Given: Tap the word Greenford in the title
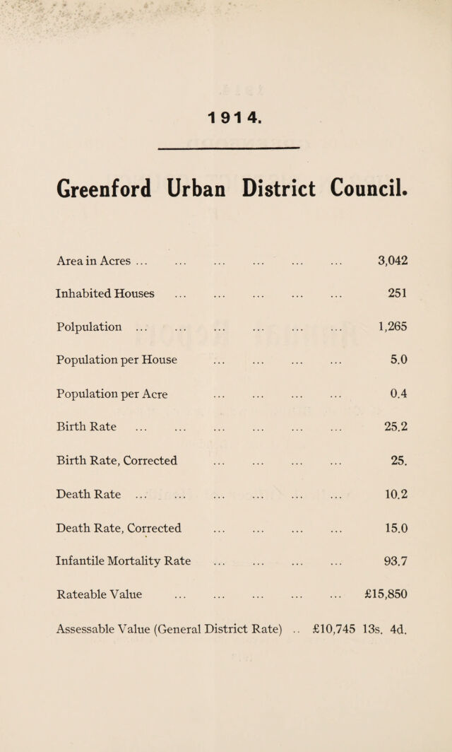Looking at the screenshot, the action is tap(104, 189).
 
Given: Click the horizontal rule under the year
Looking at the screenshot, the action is tap(229, 148).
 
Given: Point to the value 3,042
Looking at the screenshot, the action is tap(393, 261).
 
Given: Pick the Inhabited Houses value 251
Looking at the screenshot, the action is tap(398, 293).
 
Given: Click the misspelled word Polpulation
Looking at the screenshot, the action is tap(89, 327).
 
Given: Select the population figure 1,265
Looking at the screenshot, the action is tap(393, 327).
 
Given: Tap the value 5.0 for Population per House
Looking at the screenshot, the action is tap(399, 360).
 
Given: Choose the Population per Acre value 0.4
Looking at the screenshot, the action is tap(399, 394).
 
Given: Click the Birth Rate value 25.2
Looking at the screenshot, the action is tap(396, 426).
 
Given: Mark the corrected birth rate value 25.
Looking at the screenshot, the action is tap(399, 460).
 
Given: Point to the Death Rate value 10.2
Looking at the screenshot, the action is tap(396, 494).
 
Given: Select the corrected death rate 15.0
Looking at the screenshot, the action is tap(396, 528).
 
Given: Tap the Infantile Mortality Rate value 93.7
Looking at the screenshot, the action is tap(396, 561).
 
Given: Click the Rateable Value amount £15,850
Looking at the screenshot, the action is tap(386, 594).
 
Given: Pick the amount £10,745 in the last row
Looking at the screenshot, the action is tap(333, 628).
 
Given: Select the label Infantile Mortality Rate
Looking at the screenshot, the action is tap(123, 562).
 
